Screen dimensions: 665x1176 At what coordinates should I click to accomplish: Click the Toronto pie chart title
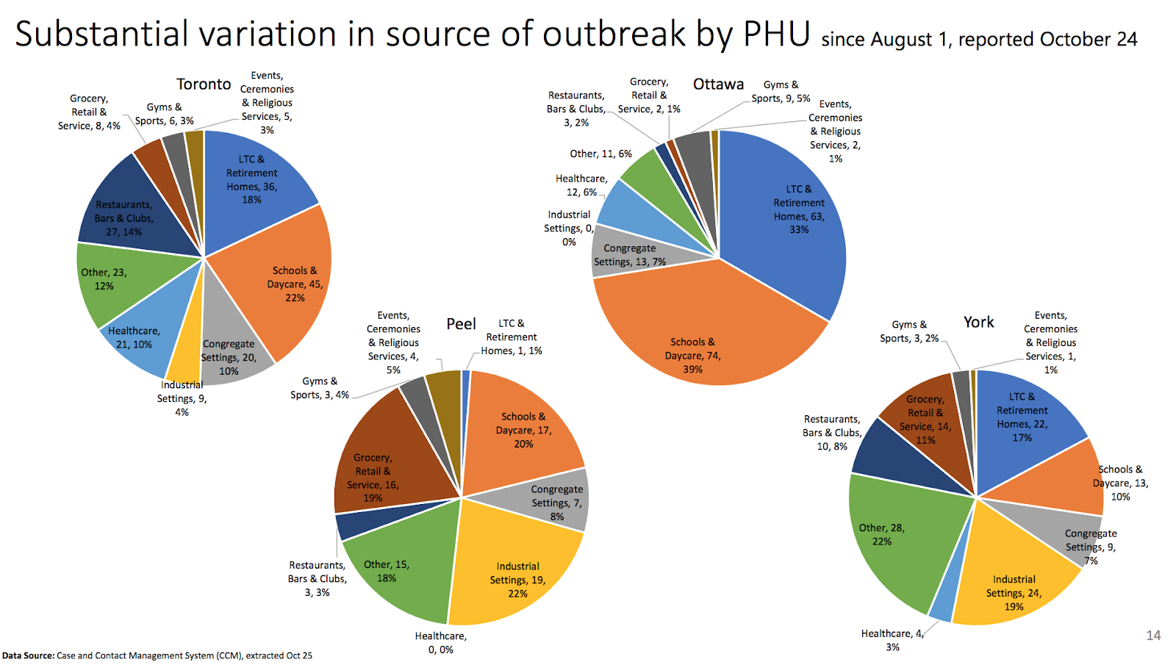pos(204,84)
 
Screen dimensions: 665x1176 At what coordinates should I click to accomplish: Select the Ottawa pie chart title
pos(718,84)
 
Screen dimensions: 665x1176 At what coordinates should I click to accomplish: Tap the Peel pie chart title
pos(461,324)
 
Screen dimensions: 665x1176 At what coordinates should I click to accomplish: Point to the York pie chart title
pos(978,322)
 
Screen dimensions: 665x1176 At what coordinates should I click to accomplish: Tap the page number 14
pos(1153,636)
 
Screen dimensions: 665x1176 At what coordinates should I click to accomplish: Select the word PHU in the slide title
pos(776,34)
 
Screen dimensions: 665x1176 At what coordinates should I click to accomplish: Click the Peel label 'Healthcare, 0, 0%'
pos(440,643)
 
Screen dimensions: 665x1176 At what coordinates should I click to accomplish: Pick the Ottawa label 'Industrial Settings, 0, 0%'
pos(569,228)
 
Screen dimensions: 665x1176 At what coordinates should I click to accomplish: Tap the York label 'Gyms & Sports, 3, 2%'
pos(909,331)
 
